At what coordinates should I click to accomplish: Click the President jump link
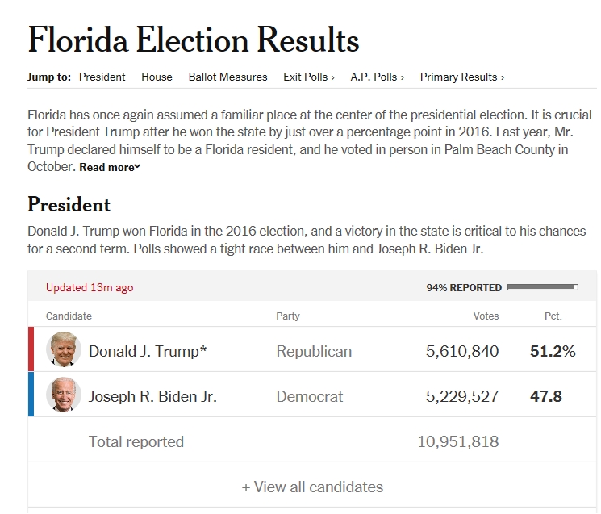pos(102,77)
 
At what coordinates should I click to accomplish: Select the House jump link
pos(157,77)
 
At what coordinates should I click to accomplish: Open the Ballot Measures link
pos(227,77)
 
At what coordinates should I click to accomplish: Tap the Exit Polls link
pos(309,77)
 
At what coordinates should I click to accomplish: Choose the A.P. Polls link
pos(377,77)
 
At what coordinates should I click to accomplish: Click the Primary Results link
pos(461,77)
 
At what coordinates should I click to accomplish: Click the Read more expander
pos(110,168)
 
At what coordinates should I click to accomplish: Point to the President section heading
pos(69,204)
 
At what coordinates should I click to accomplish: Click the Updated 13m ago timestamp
pos(90,287)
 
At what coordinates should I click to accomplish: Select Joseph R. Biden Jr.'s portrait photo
pos(64,396)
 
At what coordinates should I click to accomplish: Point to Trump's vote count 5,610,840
pos(462,351)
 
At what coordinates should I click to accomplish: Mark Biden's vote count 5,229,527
pos(462,396)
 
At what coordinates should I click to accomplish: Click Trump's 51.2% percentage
pos(553,351)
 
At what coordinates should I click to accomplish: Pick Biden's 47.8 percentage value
pos(546,396)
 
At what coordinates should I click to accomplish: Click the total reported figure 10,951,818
pos(457,441)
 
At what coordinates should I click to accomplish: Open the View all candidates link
pos(312,487)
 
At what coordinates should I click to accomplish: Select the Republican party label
pos(314,351)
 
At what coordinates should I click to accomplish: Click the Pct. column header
pos(553,316)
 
